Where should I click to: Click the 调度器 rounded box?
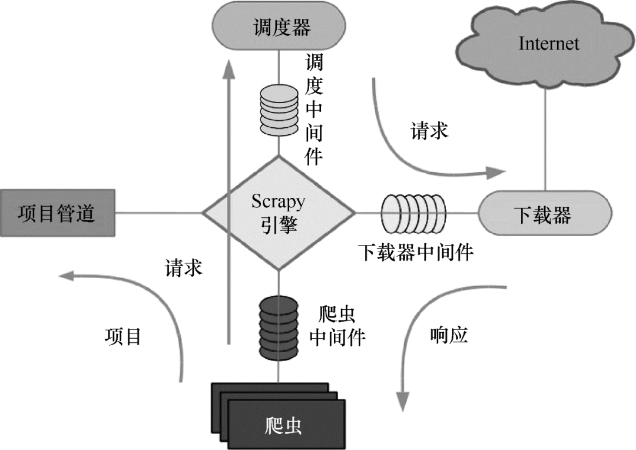279,27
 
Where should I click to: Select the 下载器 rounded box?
545,213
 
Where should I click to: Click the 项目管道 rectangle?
57,213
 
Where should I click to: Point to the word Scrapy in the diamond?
278,201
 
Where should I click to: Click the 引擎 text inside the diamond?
279,224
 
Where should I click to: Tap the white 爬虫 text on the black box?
283,426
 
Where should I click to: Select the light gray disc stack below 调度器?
279,110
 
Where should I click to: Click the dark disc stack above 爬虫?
279,328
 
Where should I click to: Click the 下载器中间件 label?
416,253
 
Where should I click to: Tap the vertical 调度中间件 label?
314,109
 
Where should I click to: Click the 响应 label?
449,336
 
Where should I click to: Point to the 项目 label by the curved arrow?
123,337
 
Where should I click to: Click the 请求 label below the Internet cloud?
429,131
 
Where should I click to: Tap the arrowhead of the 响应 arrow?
402,402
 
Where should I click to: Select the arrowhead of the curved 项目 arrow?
66,276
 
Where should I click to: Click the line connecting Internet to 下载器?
545,140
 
